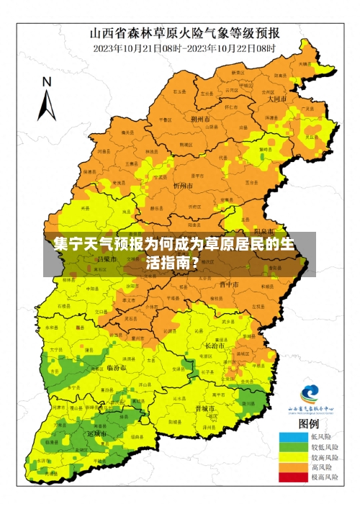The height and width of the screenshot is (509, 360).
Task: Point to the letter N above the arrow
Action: click(47, 81)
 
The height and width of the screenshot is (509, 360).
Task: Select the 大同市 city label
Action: click(277, 99)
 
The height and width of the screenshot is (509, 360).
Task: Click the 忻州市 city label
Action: click(184, 185)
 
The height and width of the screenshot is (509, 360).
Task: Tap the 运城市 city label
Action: click(97, 435)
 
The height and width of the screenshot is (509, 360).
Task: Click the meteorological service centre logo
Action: click(310, 395)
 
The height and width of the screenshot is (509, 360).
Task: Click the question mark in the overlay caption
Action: click(195, 262)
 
